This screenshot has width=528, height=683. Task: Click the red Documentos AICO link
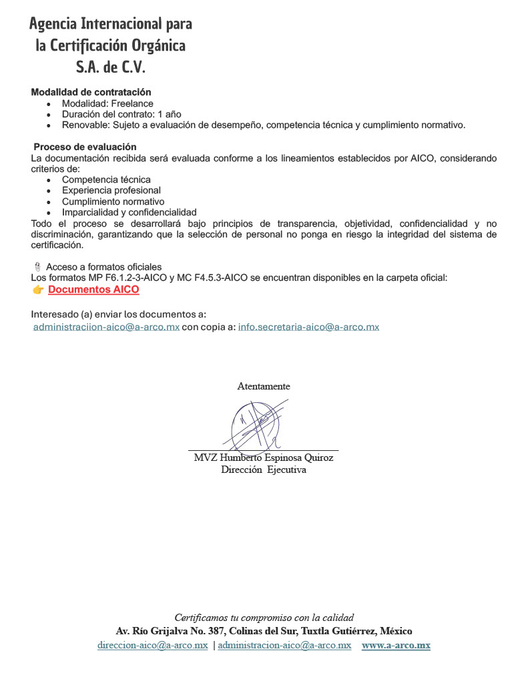pos(93,290)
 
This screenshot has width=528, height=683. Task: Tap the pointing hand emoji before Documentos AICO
pos(38,290)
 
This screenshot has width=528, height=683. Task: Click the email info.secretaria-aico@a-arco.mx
pos(308,327)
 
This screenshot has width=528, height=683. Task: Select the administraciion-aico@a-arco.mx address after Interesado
pos(106,327)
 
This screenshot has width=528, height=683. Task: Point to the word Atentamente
pos(264,386)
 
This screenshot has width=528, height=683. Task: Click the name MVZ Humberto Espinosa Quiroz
pos(263,458)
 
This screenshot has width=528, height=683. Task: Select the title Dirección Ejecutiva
pos(263,470)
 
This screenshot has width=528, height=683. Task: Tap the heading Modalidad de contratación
pos(91,92)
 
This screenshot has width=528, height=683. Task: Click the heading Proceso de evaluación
pos(85,147)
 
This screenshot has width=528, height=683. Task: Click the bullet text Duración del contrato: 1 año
pos(121,114)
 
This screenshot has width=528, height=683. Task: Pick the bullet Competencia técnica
pos(106,179)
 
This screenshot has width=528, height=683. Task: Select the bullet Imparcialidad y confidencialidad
pos(129,212)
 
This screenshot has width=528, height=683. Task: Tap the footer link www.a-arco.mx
pos(396,646)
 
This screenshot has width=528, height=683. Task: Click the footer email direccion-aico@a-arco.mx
pos(152,646)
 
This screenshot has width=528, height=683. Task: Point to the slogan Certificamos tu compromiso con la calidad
pos(264,617)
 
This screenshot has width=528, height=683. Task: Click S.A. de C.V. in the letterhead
pos(110,67)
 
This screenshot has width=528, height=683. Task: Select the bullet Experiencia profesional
pos(111,190)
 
